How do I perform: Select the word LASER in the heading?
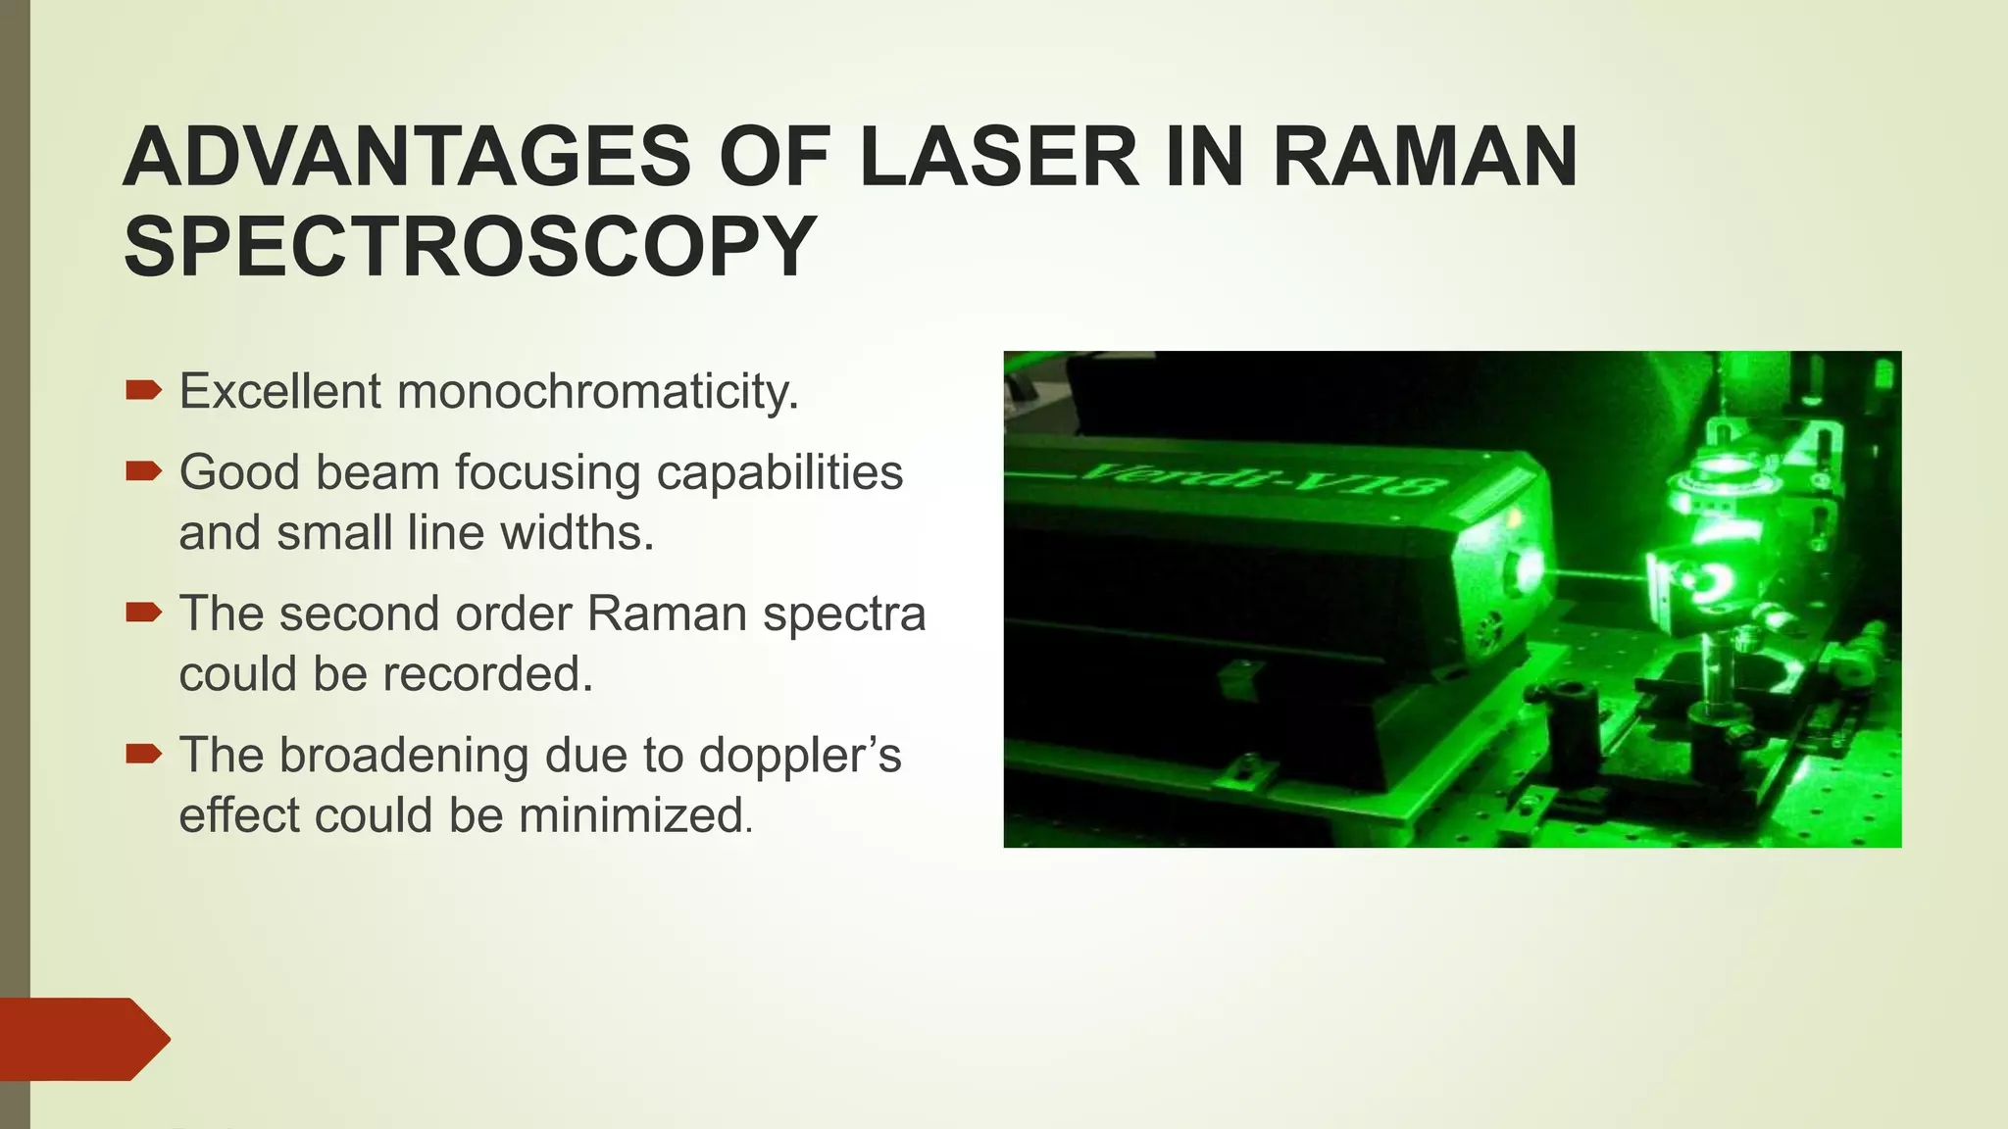coord(999,159)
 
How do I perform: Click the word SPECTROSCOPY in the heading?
coord(470,247)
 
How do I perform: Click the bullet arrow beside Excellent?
coord(143,391)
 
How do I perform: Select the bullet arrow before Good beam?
coord(143,472)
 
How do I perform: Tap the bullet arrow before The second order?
coord(143,614)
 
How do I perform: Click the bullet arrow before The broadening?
coord(143,755)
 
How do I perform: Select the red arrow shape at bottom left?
coord(83,1039)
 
